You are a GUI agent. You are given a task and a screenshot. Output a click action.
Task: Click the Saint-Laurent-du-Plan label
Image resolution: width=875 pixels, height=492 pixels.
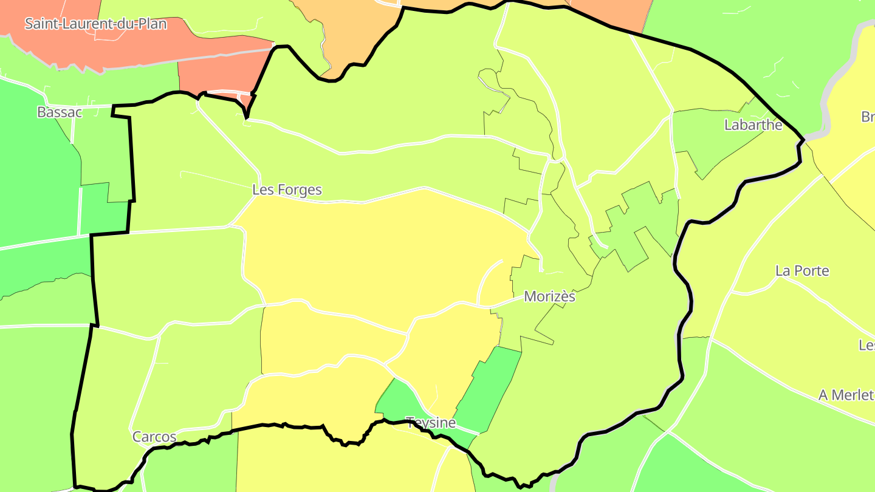[x=95, y=24]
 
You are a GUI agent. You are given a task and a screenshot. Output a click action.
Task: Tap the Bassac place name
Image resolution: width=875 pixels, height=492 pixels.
[x=60, y=112]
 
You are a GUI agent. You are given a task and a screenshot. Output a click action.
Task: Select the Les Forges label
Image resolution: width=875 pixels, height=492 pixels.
[x=287, y=190]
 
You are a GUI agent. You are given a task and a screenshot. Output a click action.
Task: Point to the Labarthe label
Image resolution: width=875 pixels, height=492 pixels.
[x=753, y=125]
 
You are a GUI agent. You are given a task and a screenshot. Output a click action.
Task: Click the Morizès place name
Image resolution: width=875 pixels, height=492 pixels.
[x=549, y=297]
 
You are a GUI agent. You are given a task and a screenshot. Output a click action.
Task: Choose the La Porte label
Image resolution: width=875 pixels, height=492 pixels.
[x=802, y=271]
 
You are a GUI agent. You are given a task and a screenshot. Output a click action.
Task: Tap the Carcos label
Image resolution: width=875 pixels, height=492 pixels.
[x=154, y=437]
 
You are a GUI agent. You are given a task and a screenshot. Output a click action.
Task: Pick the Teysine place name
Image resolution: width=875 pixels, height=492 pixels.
[x=431, y=423]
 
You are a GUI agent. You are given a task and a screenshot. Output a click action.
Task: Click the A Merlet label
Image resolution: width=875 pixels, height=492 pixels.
[x=846, y=395]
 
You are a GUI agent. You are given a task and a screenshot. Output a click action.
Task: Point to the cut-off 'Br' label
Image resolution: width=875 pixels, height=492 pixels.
[x=868, y=117]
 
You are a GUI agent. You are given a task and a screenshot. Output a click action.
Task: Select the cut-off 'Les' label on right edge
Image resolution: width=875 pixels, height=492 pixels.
[x=866, y=345]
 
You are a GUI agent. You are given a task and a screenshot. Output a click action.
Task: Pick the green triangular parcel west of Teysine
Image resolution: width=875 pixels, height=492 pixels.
[x=395, y=401]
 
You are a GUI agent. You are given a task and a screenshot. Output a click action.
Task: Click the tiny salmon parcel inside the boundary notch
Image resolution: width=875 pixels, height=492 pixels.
[x=247, y=99]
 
